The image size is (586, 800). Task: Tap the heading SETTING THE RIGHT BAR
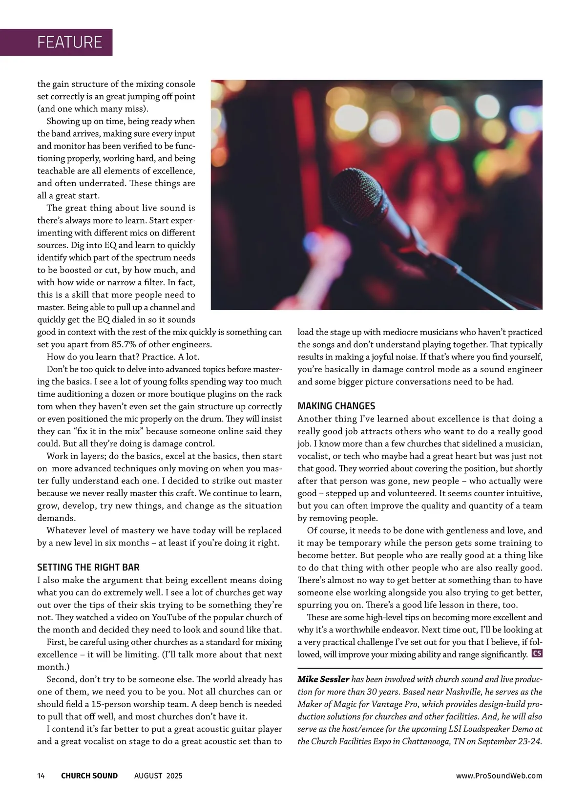tap(88, 567)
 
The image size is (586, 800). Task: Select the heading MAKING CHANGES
tap(336, 406)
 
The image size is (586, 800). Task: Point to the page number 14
tap(41, 776)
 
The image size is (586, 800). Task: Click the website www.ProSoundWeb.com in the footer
tap(499, 776)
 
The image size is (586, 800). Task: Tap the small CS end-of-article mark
tap(537, 653)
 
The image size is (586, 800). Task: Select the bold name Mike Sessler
tap(323, 679)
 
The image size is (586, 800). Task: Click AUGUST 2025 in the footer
tap(158, 776)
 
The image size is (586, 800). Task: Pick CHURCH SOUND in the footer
tap(89, 776)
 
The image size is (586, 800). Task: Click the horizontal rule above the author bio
tap(420, 668)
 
